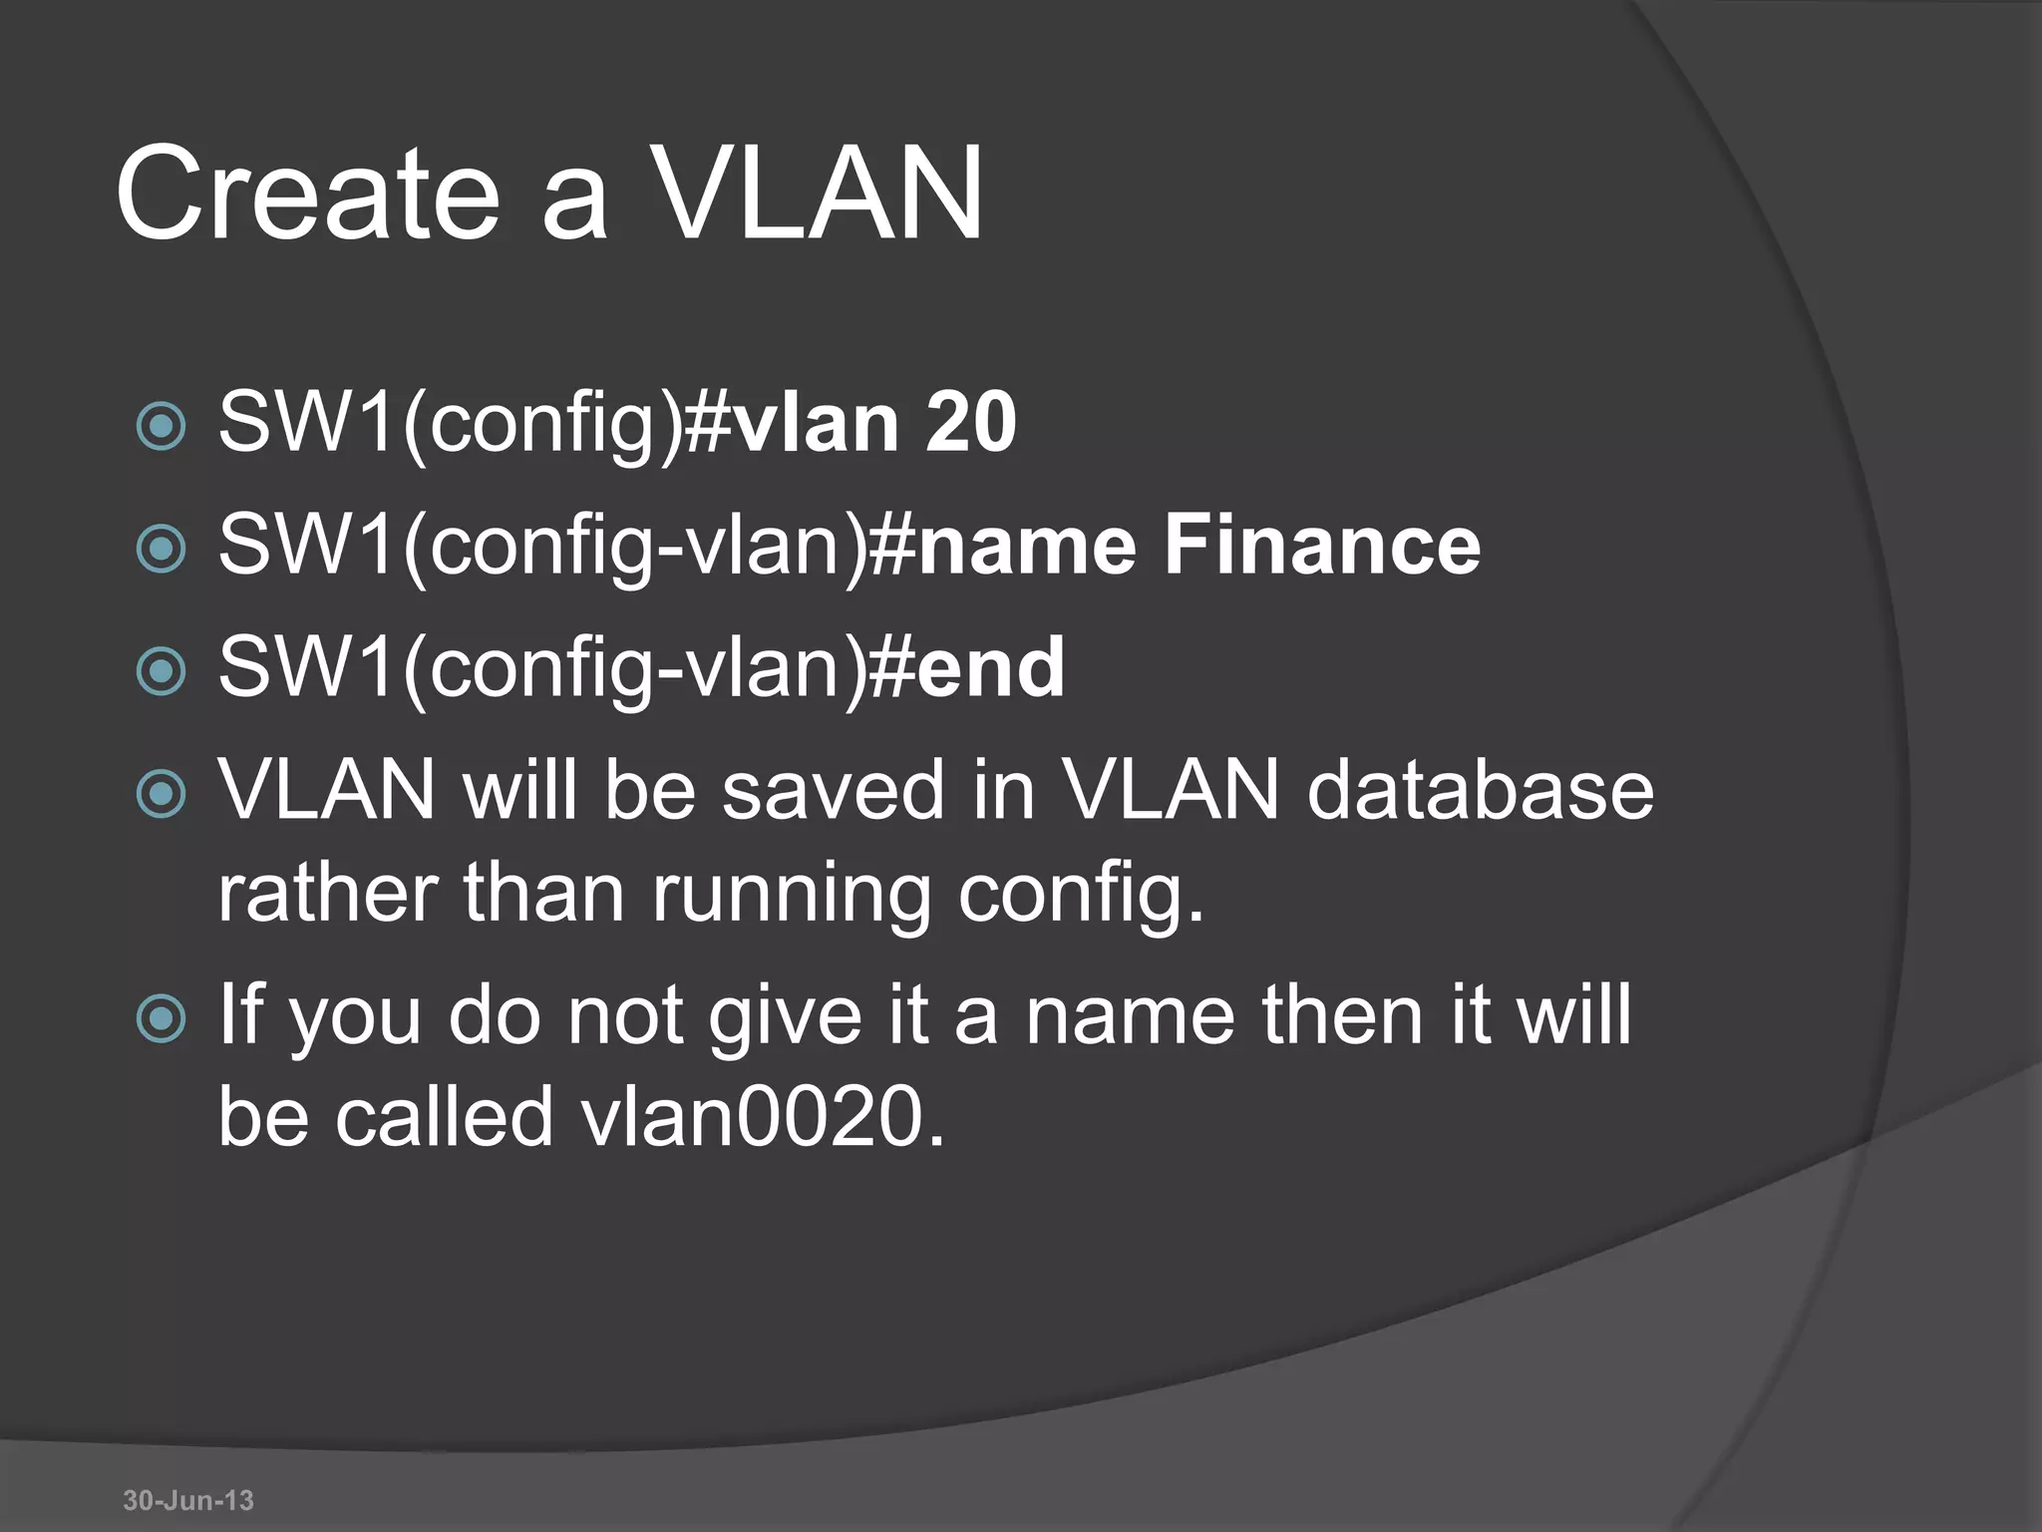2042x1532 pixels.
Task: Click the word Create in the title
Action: pyautogui.click(x=307, y=193)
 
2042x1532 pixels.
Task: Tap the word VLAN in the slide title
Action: pyautogui.click(x=818, y=193)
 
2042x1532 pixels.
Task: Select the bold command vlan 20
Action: pyautogui.click(x=875, y=423)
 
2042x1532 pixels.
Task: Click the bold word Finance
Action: pyautogui.click(x=1322, y=546)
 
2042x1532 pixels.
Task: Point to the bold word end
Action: pyautogui.click(x=991, y=668)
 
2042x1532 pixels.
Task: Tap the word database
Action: pyautogui.click(x=1480, y=790)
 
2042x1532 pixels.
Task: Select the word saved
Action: pyautogui.click(x=833, y=790)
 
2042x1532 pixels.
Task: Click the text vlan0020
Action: pyautogui.click(x=762, y=1117)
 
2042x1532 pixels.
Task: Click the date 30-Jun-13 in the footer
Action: pyautogui.click(x=188, y=1500)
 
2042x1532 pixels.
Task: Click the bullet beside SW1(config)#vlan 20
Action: pyautogui.click(x=161, y=427)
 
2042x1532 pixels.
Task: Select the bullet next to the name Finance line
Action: pyautogui.click(x=161, y=549)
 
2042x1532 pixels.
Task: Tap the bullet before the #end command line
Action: pyautogui.click(x=161, y=671)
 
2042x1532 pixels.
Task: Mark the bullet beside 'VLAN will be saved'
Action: pyautogui.click(x=161, y=794)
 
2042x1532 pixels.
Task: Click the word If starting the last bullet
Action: pyautogui.click(x=241, y=1013)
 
